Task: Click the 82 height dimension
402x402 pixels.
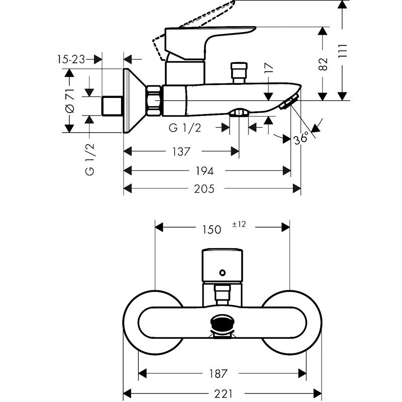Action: (x=323, y=63)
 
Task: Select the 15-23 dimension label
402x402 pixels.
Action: (x=71, y=59)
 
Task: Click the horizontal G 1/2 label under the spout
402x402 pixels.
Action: (x=185, y=128)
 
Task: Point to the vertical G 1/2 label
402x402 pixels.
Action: (x=90, y=159)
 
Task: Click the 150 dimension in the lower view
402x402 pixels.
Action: (x=212, y=229)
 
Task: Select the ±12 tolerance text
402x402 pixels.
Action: (x=239, y=224)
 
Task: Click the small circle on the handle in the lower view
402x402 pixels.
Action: (x=222, y=273)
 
